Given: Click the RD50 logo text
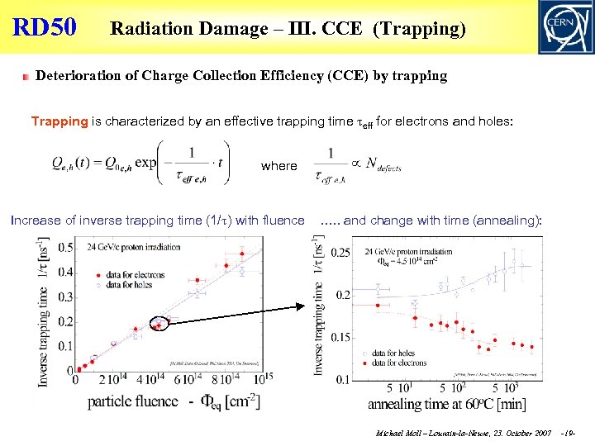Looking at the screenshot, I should pyautogui.click(x=45, y=27).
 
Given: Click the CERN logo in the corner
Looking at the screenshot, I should pyautogui.click(x=564, y=26).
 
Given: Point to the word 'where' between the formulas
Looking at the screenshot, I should pyautogui.click(x=278, y=166).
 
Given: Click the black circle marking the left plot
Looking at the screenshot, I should pyautogui.click(x=159, y=324).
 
